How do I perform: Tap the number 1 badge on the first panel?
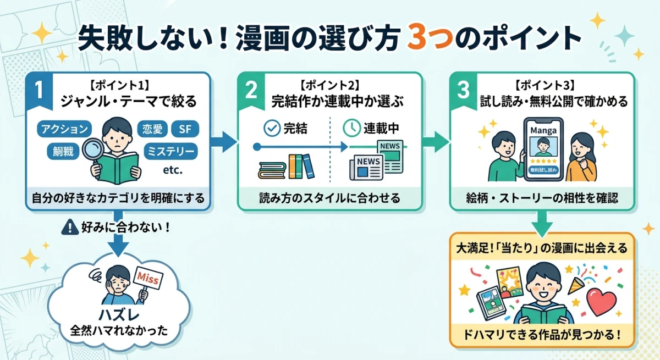38,90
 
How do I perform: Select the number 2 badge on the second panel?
251,90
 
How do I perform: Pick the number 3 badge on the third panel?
463,90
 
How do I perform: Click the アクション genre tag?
64,129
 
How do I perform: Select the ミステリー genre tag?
170,150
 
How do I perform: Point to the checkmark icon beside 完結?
272,129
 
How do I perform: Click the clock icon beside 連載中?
350,129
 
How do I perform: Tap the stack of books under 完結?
285,166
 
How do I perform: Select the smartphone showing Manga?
543,149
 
